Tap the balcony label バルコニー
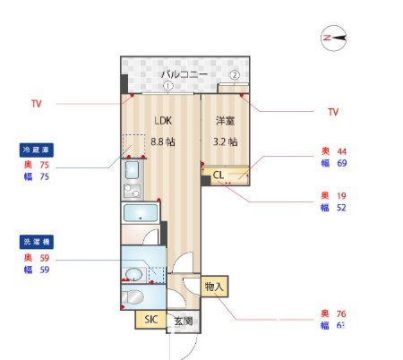184,74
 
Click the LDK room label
162,121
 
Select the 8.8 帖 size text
162,141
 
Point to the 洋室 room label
225,121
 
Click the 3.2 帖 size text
225,141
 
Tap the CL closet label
218,176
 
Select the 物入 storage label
213,287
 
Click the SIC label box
149,319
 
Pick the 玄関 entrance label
182,321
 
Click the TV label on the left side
37,104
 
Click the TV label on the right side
333,112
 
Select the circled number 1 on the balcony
167,87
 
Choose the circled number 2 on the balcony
235,75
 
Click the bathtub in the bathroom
141,214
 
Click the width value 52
341,207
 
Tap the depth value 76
341,313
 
